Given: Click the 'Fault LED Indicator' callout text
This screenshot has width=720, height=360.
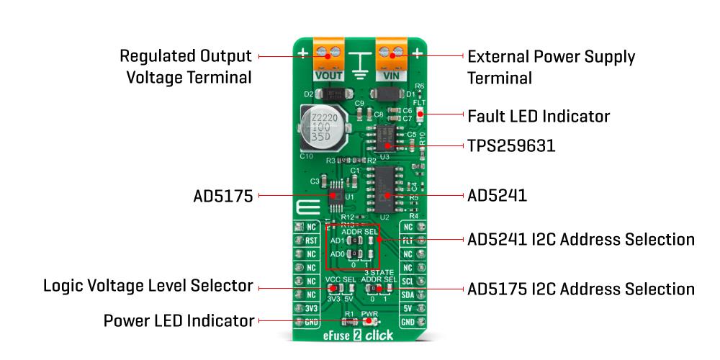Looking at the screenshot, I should [539, 116].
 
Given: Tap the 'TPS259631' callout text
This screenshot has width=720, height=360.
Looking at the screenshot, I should [511, 146].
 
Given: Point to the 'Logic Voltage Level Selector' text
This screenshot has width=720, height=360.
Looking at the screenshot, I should [148, 286].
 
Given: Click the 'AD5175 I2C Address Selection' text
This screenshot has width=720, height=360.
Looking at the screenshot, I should [581, 289].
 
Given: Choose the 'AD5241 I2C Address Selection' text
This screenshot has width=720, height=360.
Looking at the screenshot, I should [581, 239].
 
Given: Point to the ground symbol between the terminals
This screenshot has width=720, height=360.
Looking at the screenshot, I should [359, 63].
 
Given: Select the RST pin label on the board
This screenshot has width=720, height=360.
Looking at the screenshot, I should [310, 241].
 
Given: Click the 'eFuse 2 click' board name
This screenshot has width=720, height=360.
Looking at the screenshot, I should [359, 336].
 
